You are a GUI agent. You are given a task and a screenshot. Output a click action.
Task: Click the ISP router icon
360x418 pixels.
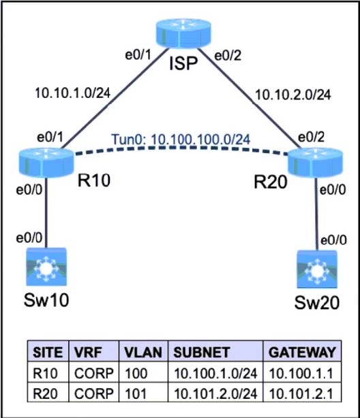pos(183,33)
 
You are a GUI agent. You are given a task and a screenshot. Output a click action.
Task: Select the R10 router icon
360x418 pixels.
pos(46,163)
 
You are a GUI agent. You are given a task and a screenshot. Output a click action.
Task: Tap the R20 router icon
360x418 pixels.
pos(315,162)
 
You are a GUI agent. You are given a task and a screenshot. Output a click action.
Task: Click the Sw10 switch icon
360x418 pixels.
pos(46,267)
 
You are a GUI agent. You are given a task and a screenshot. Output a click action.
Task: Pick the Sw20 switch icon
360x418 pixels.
pos(317,269)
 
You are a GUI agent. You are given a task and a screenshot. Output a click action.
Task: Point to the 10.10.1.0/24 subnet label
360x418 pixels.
pos(73,93)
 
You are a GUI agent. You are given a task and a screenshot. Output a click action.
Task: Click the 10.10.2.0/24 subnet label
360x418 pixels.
pos(293,95)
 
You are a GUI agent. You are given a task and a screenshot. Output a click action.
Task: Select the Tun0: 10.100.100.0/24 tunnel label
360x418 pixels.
pos(181,140)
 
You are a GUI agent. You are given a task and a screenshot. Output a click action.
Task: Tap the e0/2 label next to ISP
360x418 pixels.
pos(228,56)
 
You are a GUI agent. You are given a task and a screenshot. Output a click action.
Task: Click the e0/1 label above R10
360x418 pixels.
pos(50,137)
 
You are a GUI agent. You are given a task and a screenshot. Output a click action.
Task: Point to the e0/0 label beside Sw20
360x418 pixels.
pos(333,240)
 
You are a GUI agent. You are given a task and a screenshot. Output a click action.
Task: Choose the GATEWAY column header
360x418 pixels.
pos(302,352)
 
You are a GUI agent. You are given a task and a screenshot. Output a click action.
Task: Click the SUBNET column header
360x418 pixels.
pos(202,352)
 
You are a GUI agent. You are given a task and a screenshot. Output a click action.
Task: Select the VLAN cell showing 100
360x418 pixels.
pos(136,373)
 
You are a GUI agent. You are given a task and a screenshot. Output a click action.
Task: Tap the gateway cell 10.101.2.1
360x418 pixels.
pos(301,393)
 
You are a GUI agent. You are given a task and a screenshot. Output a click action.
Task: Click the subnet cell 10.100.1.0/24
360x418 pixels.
pos(215,373)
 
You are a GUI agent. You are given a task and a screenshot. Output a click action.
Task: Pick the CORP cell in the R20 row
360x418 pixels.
pos(94,393)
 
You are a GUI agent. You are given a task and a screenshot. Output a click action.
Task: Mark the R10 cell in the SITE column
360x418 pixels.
pos(45,373)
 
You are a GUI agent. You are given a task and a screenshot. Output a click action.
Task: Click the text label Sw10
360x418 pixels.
pos(46,300)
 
